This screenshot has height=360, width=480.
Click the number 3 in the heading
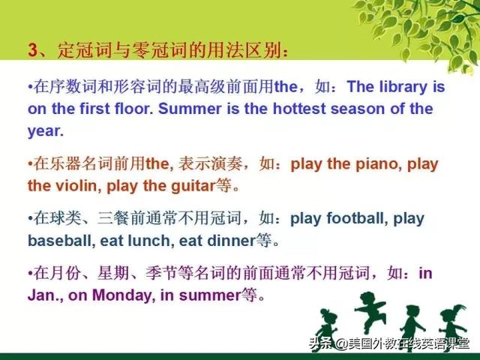click(x=32, y=49)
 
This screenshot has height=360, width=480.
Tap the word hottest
click(x=299, y=109)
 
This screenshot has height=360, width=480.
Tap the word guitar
click(x=193, y=187)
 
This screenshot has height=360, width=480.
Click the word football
click(x=355, y=218)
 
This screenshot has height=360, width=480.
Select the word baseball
click(x=59, y=241)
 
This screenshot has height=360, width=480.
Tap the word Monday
click(x=121, y=295)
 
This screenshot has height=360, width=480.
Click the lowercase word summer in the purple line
click(x=210, y=295)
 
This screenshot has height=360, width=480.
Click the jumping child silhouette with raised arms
click(x=370, y=312)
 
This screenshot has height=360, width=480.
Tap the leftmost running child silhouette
click(x=327, y=328)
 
